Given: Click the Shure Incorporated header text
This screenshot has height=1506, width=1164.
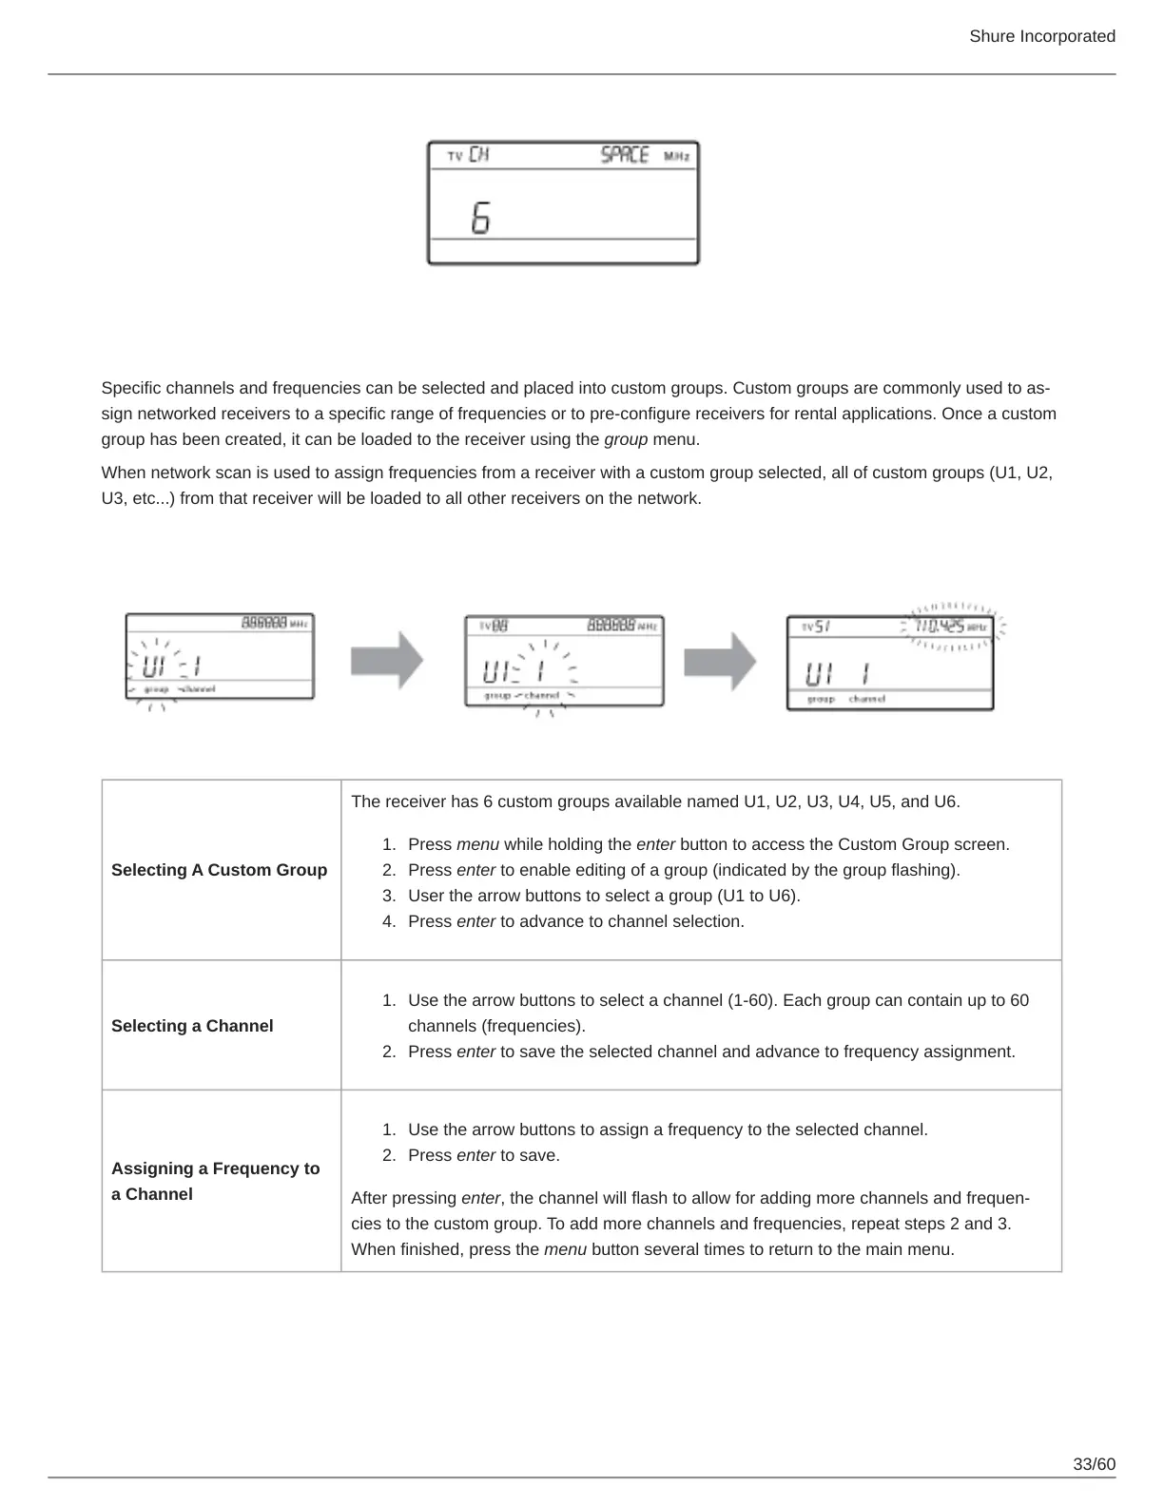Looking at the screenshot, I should point(1041,36).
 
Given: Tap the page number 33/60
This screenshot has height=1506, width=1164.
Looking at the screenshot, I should point(1094,1464).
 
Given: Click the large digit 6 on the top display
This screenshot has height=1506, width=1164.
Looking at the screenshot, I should point(481,220).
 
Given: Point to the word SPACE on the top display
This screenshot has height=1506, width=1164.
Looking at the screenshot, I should point(625,155).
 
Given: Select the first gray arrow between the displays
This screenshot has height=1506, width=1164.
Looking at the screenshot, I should point(386,660).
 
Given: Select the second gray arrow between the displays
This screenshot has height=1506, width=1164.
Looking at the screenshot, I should point(720,660).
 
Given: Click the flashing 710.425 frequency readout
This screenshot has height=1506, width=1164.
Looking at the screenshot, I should point(940,627).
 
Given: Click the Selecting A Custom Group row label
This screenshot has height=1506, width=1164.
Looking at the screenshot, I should point(219,870).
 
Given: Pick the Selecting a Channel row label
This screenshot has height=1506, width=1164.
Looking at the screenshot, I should point(192,1026).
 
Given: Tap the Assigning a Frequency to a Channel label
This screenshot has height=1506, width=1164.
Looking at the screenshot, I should point(215,1181).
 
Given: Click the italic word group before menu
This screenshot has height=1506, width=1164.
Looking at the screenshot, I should point(626,439).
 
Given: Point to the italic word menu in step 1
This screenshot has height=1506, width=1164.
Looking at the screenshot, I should point(477,844).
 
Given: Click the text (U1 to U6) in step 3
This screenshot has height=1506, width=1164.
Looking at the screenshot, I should point(759,896).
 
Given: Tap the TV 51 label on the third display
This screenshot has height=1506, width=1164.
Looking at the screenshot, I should point(817,627).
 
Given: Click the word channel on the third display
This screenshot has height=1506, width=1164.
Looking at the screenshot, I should point(866,699).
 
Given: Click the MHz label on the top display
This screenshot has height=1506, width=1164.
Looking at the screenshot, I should point(676,156).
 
